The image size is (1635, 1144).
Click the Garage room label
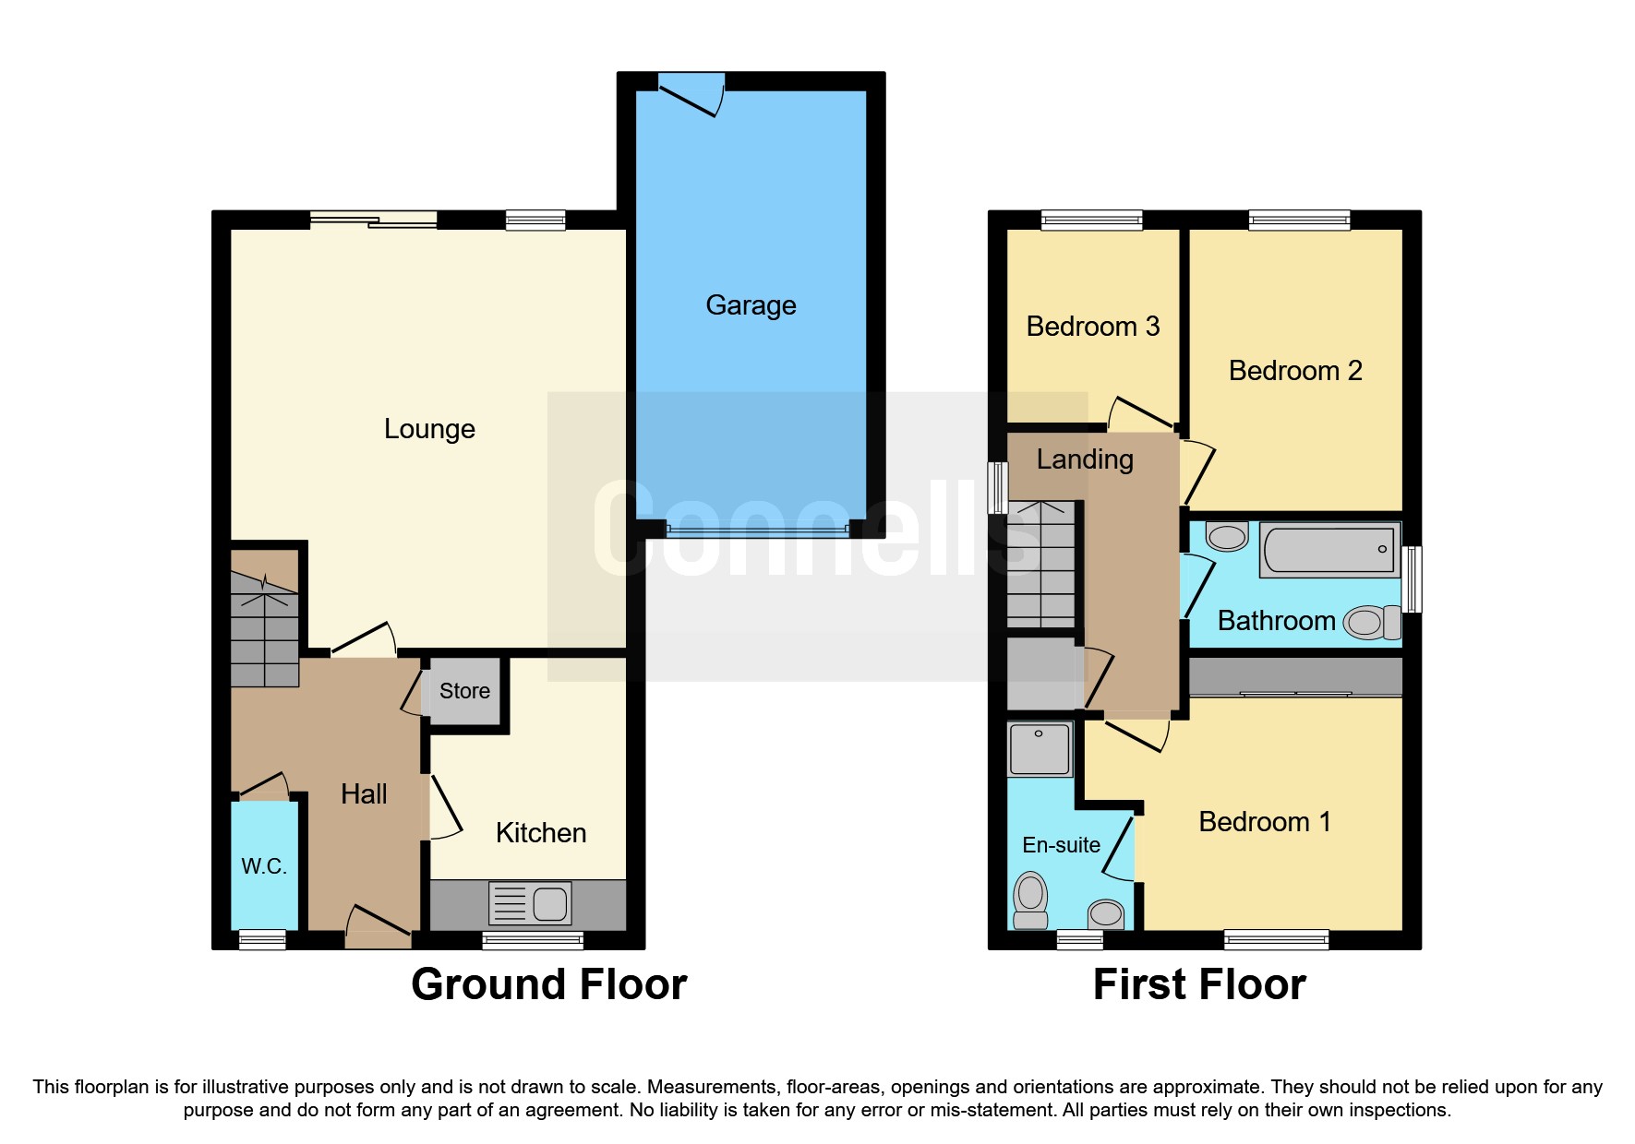point(751,305)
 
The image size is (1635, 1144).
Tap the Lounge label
point(429,429)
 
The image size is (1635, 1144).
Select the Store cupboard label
point(464,691)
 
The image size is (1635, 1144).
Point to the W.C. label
point(264,866)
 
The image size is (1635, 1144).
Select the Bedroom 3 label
point(1092,327)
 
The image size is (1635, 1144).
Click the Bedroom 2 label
point(1294,371)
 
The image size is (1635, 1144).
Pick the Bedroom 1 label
point(1264,822)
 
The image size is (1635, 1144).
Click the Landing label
point(1085,459)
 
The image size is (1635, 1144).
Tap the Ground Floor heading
point(548,984)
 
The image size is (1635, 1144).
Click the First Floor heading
point(1198,984)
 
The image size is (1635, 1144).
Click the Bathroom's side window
point(1412,579)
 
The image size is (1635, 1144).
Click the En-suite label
point(1061,845)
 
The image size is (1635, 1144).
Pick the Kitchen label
point(540,833)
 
